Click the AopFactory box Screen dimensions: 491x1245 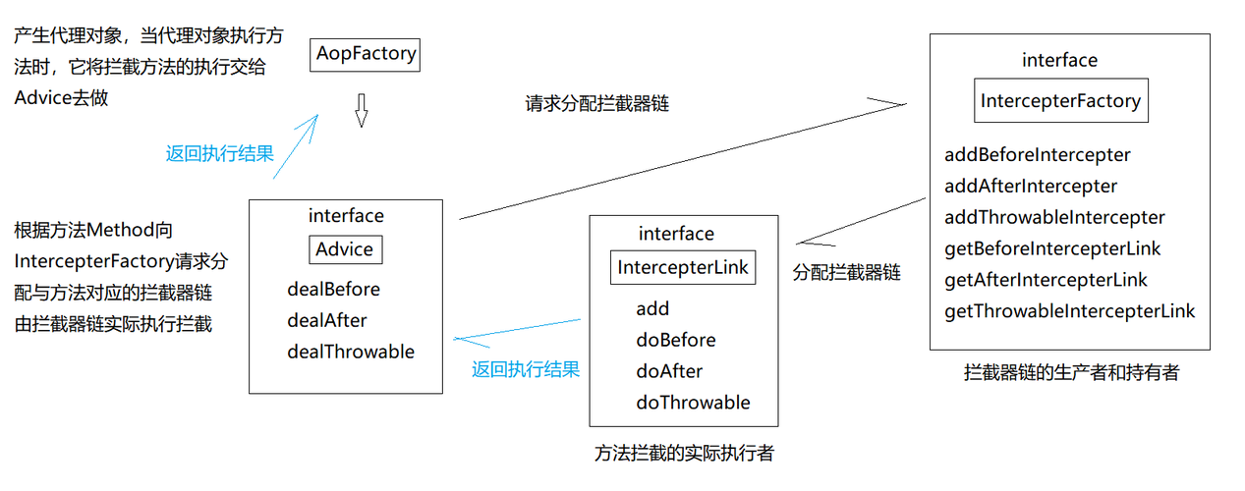366,54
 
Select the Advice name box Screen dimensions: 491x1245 345,249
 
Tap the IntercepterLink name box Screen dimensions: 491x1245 683,267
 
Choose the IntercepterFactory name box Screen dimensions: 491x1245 1060,100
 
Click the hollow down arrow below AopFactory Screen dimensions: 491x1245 361,111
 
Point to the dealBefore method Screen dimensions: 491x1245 333,290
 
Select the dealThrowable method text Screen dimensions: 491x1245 351,352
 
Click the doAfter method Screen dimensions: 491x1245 669,371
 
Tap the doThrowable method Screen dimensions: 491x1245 693,403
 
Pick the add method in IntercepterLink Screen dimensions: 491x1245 652,308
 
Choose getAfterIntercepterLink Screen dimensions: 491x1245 1046,280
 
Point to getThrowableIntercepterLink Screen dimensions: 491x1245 1069,311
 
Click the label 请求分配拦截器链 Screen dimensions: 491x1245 596,103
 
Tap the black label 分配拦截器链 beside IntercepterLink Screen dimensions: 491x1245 846,273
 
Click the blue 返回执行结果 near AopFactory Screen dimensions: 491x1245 220,153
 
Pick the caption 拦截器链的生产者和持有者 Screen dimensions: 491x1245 1071,372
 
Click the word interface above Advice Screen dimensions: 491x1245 346,216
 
